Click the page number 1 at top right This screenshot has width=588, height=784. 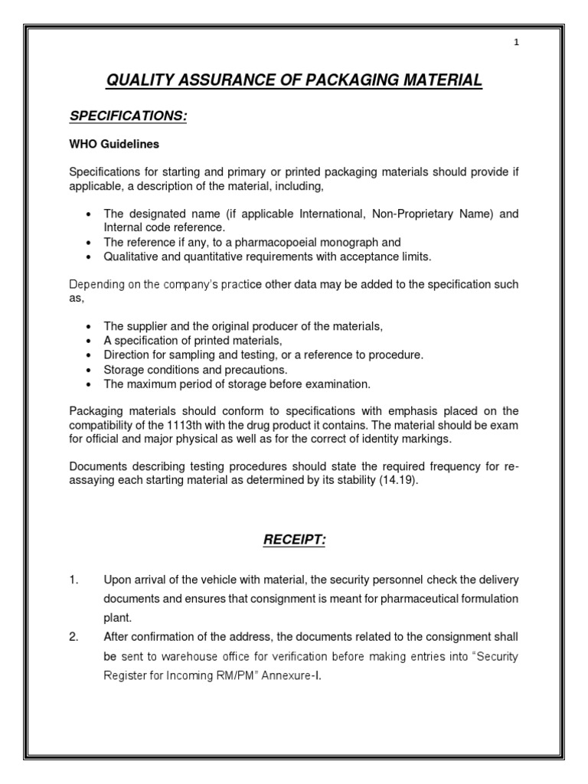517,44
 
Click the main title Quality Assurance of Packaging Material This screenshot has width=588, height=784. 294,80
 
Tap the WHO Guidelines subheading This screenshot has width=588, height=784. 114,144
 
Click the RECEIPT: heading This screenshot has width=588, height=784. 294,541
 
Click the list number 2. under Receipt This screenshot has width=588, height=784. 74,637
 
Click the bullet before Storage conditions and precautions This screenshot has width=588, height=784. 91,370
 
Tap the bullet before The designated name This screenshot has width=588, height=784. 91,215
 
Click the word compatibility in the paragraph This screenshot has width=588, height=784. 104,426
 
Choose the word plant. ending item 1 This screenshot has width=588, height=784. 117,617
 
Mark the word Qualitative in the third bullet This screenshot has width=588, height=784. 131,256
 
